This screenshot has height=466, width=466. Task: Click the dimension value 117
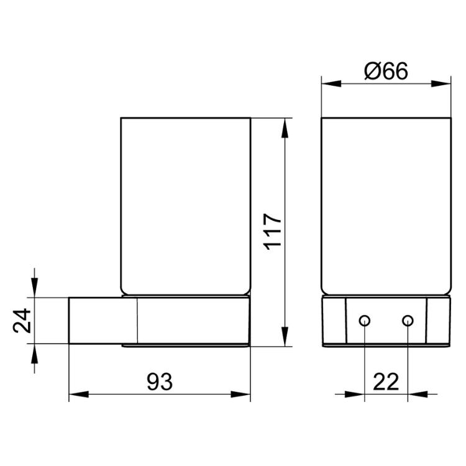tap(273, 232)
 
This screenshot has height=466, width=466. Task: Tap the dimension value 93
tap(160, 382)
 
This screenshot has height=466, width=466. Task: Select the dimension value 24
tap(22, 321)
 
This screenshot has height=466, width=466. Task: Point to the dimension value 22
tap(386, 382)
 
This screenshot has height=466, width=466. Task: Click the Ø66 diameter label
tap(386, 71)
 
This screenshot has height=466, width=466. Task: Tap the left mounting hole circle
tap(364, 321)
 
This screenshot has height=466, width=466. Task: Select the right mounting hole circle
tap(408, 321)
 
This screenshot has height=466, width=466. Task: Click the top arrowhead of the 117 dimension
tap(285, 128)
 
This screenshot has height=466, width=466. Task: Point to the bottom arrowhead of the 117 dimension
tap(285, 336)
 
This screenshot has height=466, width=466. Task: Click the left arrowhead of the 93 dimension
tap(79, 395)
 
